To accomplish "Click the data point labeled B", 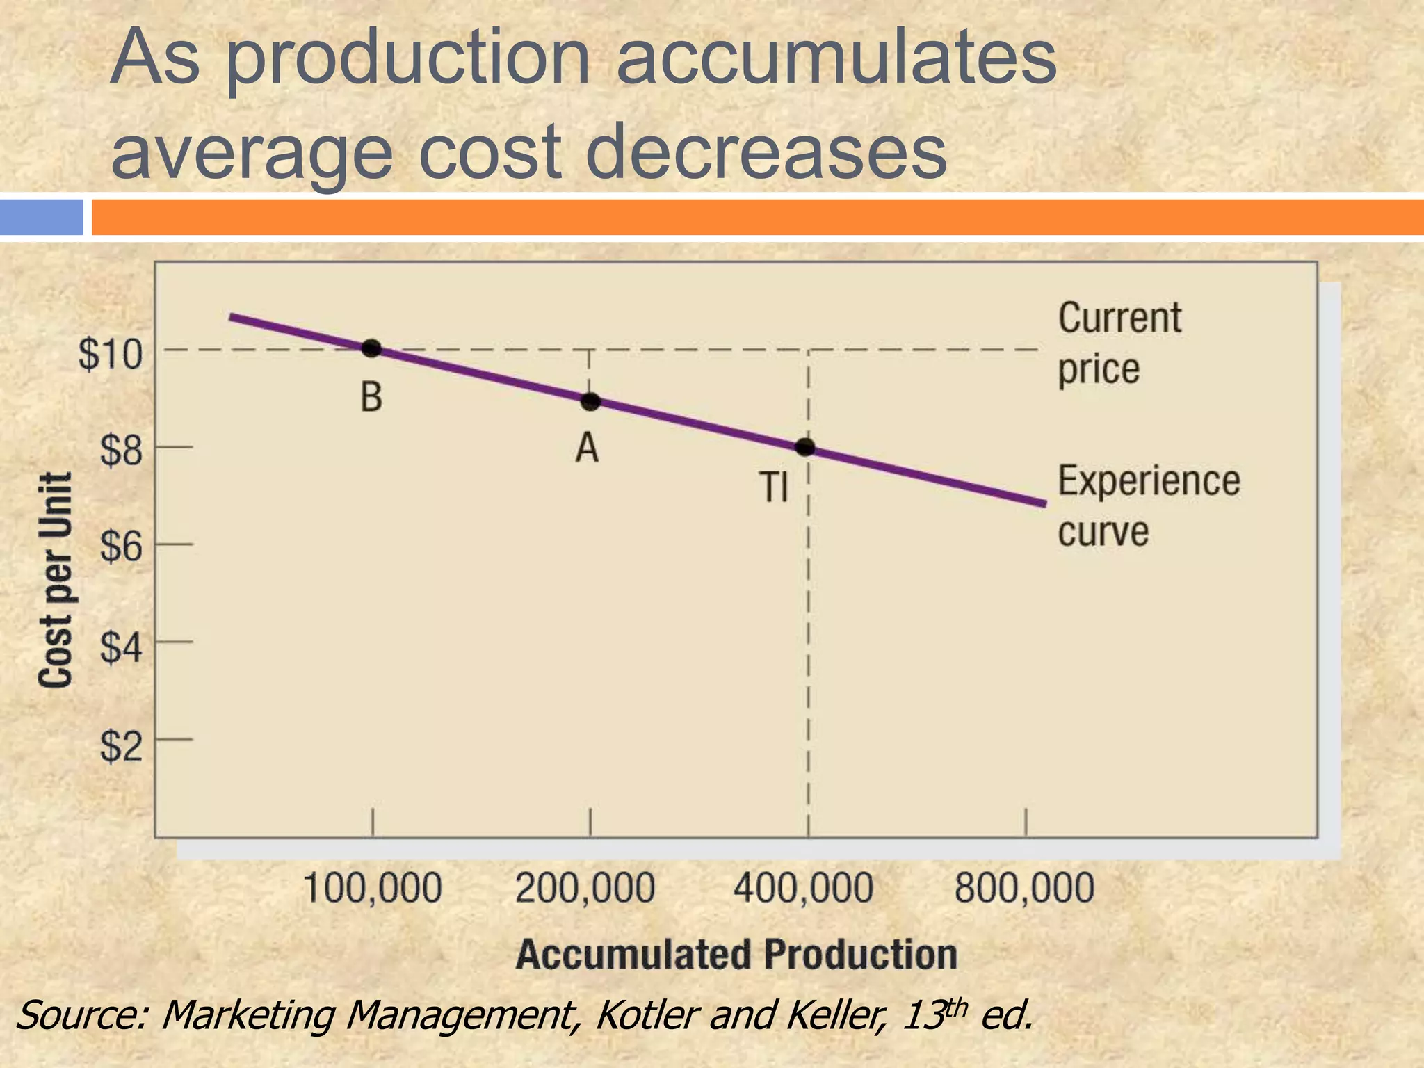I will point(371,348).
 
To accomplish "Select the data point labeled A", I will point(590,401).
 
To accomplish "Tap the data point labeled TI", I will point(805,447).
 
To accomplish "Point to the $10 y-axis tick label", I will point(110,355).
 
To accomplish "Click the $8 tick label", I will point(121,451).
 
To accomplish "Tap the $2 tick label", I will point(121,747).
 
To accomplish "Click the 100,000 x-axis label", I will point(373,889).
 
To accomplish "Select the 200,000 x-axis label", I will point(585,889).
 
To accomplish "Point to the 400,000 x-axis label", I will point(803,889).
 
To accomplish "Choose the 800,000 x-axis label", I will point(1024,889).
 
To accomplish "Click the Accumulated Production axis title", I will point(736,954).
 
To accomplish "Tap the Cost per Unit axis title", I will point(56,581).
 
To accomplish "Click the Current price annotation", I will point(1118,343).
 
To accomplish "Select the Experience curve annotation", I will point(1147,505).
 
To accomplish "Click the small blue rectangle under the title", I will point(42,217).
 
